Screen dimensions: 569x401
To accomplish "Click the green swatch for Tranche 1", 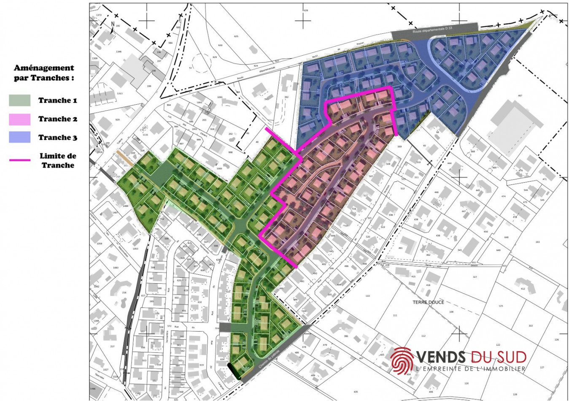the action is coord(20,100).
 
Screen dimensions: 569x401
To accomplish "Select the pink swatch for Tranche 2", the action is coord(20,119).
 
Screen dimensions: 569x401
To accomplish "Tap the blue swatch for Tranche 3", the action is coord(20,137).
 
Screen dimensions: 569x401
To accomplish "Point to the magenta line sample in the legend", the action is coord(20,160).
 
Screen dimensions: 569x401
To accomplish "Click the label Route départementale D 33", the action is coord(432,29).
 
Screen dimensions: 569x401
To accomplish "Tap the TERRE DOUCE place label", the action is coord(428,302).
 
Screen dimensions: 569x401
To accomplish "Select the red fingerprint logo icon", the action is coord(402,360).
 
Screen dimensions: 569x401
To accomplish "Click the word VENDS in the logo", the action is coord(441,357).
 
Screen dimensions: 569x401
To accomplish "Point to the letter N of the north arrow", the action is coord(113,24).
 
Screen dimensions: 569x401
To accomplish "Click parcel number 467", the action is coord(520,96).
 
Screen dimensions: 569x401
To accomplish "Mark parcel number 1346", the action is coord(119,52).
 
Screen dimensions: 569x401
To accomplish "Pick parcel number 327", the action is coord(475,277).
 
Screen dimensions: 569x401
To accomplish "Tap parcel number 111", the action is coord(395,315).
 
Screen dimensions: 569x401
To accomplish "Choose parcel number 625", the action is coord(236,36).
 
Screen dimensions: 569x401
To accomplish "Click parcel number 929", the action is coord(117,120).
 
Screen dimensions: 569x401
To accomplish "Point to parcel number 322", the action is coord(531,326).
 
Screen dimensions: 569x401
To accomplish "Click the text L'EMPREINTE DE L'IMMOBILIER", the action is coord(471,369).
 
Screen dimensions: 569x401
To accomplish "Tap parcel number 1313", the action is coord(119,93).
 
